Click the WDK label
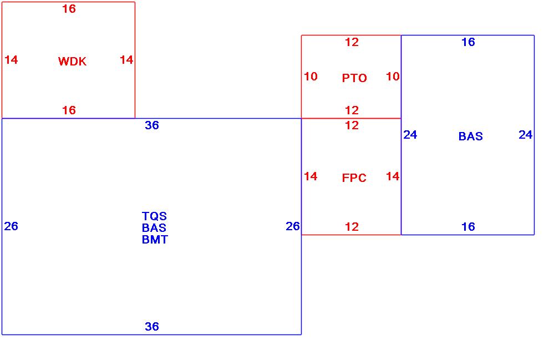[72, 62]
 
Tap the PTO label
[354, 78]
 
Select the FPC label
[354, 178]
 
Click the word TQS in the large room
[154, 216]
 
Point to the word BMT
[155, 240]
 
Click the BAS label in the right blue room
[470, 136]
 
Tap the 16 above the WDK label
[69, 9]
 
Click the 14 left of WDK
[11, 60]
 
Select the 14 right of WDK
[126, 60]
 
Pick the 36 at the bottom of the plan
[152, 327]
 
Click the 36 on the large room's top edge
[152, 125]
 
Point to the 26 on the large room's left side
[11, 226]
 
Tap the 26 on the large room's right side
[293, 226]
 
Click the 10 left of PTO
[311, 77]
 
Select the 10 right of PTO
[393, 77]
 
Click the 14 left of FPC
[311, 176]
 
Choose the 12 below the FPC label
[352, 227]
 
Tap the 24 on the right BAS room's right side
[525, 135]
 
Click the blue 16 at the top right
[468, 42]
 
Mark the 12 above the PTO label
[352, 42]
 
